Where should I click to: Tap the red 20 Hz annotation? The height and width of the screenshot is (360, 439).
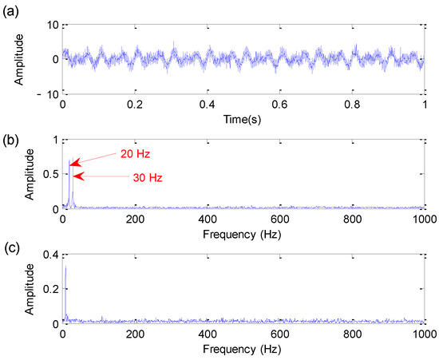click(134, 154)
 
